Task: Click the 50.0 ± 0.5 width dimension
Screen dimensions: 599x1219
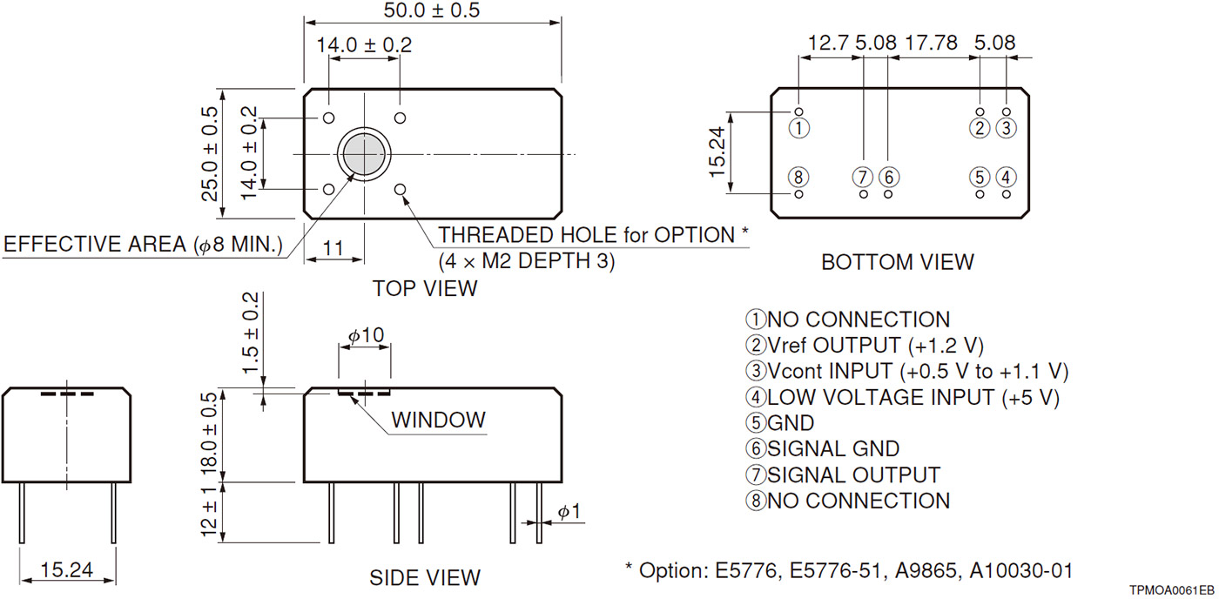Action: [431, 11]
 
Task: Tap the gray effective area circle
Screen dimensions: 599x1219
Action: [363, 154]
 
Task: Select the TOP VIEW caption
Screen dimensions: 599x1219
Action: [425, 288]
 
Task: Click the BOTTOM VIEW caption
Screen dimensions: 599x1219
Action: [898, 262]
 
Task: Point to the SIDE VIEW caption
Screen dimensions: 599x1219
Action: [425, 577]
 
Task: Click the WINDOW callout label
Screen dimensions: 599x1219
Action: [438, 420]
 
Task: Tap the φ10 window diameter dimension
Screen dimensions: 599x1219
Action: [366, 336]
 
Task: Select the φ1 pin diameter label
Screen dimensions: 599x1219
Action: [569, 513]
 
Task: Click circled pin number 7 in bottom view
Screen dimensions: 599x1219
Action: [863, 177]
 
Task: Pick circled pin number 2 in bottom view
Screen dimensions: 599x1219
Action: [980, 128]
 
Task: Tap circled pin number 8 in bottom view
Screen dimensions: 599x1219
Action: [799, 177]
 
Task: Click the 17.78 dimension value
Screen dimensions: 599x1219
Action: [933, 43]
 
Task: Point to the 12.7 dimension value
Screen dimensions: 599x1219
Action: [829, 43]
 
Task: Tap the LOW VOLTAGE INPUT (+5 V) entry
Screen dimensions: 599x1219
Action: [902, 397]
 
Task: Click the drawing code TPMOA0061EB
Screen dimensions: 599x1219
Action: [1171, 589]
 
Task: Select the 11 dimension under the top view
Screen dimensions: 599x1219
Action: [333, 248]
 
